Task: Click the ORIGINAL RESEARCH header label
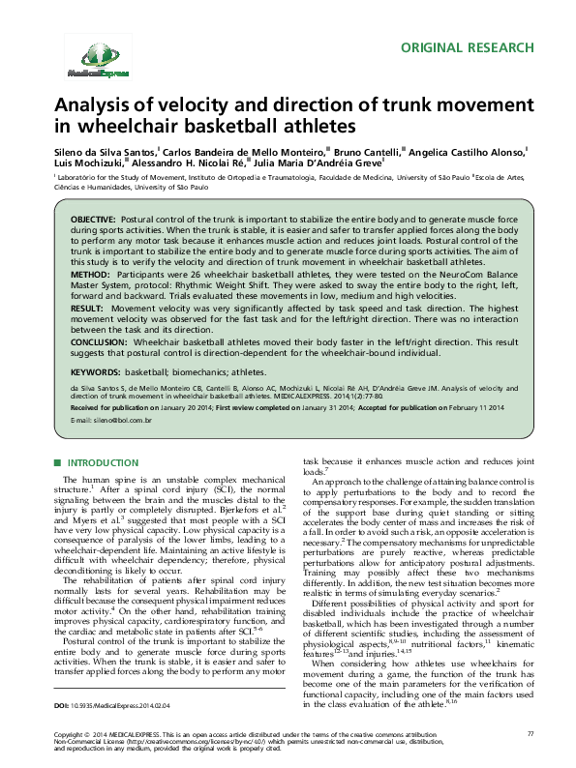(467, 47)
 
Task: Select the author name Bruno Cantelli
(367, 153)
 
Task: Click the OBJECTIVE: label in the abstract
(93, 222)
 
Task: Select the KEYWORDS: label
(97, 370)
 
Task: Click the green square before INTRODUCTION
(57, 464)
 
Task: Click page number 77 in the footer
(529, 736)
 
